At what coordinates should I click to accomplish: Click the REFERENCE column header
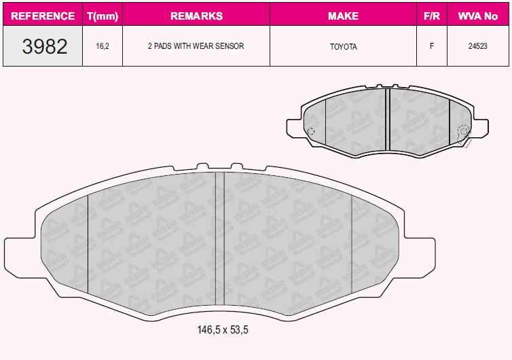tap(43, 16)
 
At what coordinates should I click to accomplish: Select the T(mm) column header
tap(103, 16)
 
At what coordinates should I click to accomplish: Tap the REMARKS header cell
tap(196, 16)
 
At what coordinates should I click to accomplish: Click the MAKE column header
tap(343, 16)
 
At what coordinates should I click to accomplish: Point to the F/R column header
tap(432, 16)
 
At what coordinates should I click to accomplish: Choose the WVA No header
tap(478, 16)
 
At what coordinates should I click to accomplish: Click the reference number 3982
tap(45, 46)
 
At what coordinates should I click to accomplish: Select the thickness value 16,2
tap(103, 46)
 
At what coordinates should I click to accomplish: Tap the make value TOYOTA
tap(343, 47)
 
